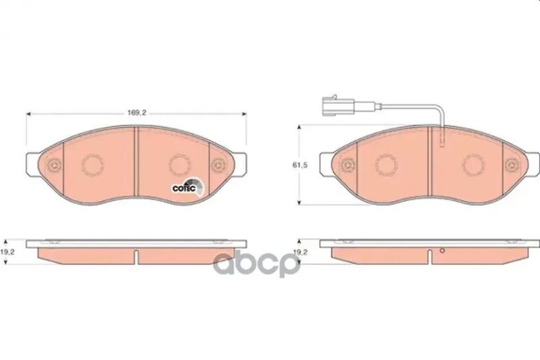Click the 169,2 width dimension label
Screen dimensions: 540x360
[x=137, y=113]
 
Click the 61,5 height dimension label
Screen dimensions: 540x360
[x=300, y=165]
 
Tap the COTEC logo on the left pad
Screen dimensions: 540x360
[x=188, y=188]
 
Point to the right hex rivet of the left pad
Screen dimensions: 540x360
[x=217, y=165]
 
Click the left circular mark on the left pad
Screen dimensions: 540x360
[x=92, y=165]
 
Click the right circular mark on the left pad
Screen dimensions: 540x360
[x=180, y=165]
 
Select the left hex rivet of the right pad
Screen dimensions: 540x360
[x=348, y=165]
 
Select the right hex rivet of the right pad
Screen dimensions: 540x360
[x=511, y=165]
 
